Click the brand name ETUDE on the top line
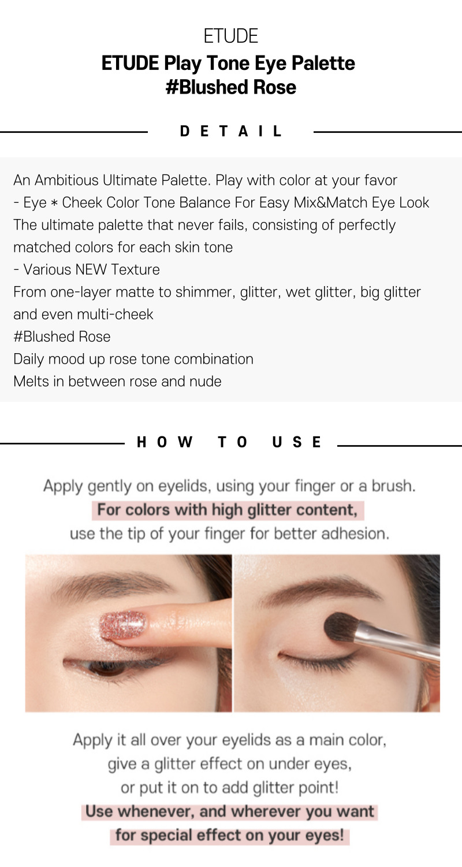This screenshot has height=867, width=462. pos(231,36)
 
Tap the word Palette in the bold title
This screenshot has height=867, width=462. pos(323,63)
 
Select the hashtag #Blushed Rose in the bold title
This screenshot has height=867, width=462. pos(231,87)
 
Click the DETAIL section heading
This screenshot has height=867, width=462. pos(231,131)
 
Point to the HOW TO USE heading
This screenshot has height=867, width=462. pos(229,442)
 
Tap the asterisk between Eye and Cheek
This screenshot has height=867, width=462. pos(54,203)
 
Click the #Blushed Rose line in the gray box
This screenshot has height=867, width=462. pos(62,337)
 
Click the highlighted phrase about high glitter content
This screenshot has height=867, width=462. pos(228,510)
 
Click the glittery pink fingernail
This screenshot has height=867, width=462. pos(123,624)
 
